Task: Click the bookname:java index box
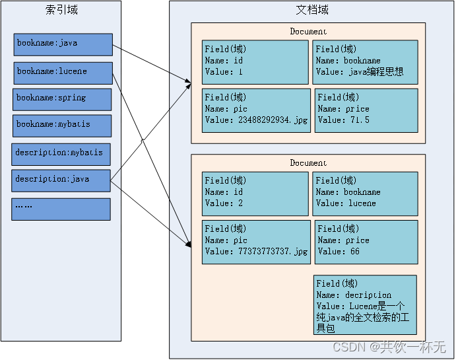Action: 63,44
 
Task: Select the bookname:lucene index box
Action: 63,73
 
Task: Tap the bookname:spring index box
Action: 62,99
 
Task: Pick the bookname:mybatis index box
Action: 62,126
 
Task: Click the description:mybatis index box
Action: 61,154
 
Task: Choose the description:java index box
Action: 61,180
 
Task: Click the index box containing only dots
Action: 61,209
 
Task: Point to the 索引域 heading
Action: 61,10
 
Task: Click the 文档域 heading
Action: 311,10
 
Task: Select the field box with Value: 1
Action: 255,62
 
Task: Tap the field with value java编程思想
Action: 365,62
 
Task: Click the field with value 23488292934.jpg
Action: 256,110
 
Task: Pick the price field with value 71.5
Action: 366,110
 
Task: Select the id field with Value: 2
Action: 255,194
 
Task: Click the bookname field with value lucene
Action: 365,194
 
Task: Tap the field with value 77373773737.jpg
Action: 256,242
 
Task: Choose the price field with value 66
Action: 366,242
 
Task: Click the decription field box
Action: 365,305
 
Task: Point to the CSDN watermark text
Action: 389,347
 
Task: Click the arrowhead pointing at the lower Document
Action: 187,244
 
